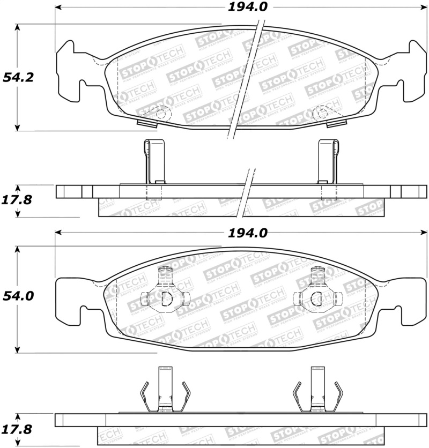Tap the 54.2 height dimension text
[18, 77]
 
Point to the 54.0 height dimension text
[18, 296]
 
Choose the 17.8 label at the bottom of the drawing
[18, 430]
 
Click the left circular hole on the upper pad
[160, 113]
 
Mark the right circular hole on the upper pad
[321, 113]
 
